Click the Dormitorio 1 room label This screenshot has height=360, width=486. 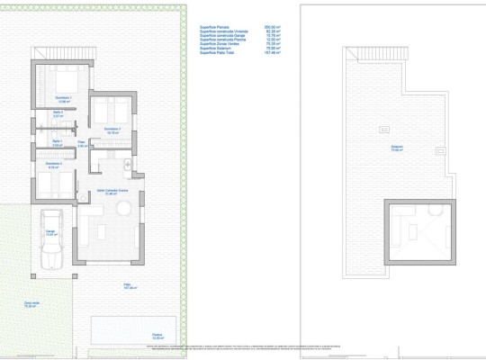63,97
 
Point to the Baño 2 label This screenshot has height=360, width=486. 57,113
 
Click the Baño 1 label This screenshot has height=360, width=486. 56,141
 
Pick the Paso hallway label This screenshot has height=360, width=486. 81,141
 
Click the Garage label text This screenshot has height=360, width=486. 51,232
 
